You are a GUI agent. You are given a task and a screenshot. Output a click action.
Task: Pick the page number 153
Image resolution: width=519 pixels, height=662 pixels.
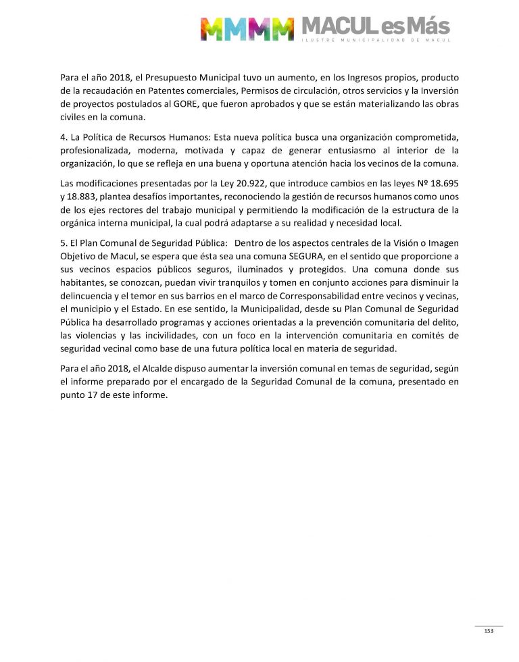click(x=489, y=631)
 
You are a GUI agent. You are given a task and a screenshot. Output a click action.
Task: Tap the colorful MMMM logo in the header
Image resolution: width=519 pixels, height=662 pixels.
click(x=247, y=28)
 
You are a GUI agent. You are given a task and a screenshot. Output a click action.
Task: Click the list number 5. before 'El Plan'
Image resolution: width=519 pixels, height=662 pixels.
click(x=64, y=243)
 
